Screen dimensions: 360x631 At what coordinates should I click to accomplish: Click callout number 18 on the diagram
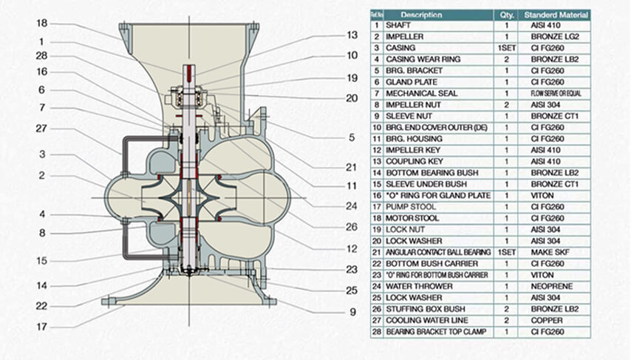tap(42, 23)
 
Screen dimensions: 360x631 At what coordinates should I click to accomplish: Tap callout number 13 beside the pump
tap(352, 35)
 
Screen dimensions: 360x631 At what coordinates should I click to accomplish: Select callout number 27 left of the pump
tap(42, 128)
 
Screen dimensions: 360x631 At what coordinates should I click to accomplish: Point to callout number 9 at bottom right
tap(352, 312)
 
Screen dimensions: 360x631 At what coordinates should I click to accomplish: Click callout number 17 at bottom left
tap(42, 326)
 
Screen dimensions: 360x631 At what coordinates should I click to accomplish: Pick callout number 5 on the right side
tap(352, 137)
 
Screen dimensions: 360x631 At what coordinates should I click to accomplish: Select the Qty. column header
tap(506, 14)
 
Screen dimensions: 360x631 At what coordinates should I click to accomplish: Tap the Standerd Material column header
tap(556, 14)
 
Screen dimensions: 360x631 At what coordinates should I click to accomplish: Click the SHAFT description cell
tap(399, 25)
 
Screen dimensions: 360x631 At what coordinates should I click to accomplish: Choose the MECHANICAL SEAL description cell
tap(422, 93)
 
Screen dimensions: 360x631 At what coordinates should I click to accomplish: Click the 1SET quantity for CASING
tap(506, 48)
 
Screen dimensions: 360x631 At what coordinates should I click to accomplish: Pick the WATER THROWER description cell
tap(417, 286)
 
